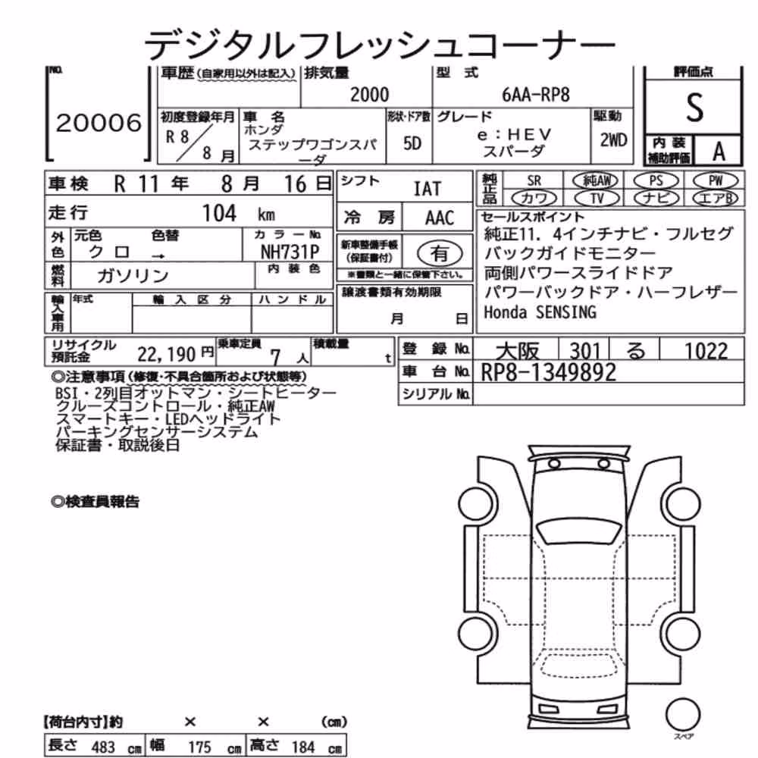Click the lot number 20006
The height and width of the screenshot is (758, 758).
[x=99, y=123]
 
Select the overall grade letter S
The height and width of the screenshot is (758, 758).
[x=694, y=108]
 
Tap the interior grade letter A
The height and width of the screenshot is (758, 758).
[x=719, y=152]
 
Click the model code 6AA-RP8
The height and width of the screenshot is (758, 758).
[x=536, y=95]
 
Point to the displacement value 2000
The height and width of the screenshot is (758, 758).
[x=369, y=94]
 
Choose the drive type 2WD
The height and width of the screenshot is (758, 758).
[x=613, y=140]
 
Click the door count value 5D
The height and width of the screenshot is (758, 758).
[x=412, y=143]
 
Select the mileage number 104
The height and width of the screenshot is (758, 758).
[x=219, y=213]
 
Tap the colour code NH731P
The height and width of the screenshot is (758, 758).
[x=290, y=252]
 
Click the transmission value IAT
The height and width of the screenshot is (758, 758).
[x=428, y=189]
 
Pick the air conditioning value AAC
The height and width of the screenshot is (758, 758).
[x=439, y=218]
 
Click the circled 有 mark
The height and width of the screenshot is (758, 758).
[x=440, y=253]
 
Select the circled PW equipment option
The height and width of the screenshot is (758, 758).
[x=715, y=181]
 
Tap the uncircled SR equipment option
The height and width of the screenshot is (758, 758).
[x=534, y=181]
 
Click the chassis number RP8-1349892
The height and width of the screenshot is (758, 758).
[x=549, y=372]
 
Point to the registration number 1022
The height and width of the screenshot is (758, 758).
[x=706, y=351]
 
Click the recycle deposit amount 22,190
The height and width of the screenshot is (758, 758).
[x=166, y=355]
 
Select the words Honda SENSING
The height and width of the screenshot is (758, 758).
[x=540, y=312]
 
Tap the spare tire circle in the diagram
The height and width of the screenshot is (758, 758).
[x=683, y=715]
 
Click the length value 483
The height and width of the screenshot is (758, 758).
[x=103, y=747]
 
